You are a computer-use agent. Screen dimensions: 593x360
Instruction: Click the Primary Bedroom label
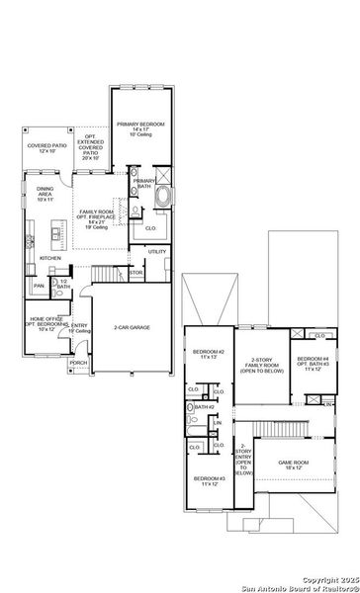(140, 127)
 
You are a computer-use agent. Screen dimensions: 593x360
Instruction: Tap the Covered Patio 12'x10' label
(45, 147)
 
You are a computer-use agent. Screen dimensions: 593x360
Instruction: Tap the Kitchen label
(49, 258)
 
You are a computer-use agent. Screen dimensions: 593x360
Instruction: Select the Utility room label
(157, 252)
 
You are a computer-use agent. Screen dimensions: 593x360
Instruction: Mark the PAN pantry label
(39, 286)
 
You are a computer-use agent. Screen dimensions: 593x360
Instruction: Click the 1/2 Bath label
(63, 285)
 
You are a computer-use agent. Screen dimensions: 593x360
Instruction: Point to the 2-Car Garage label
(132, 327)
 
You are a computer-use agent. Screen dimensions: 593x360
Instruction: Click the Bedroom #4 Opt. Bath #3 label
(312, 363)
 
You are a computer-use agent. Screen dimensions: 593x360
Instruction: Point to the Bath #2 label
(205, 407)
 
